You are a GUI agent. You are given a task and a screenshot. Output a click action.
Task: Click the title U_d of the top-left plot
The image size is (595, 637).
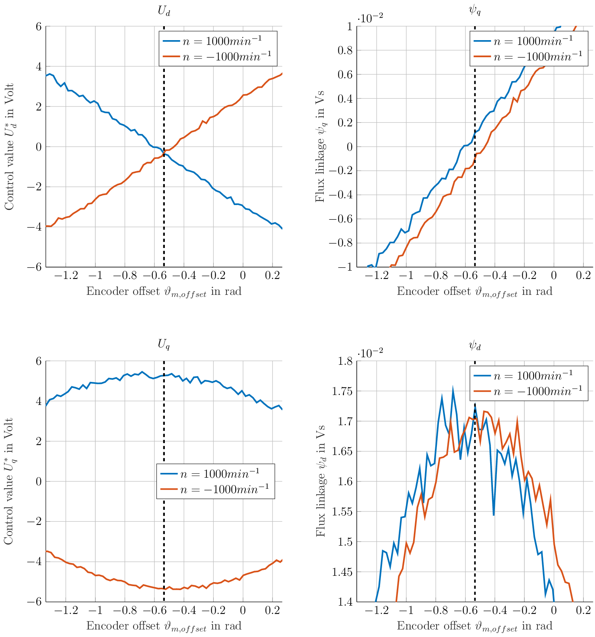click(164, 11)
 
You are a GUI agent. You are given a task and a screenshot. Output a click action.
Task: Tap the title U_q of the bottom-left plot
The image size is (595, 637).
click(164, 345)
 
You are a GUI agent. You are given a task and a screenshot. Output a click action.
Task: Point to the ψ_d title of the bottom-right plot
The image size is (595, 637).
click(475, 345)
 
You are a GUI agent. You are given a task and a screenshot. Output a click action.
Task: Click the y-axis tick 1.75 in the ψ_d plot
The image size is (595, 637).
click(342, 391)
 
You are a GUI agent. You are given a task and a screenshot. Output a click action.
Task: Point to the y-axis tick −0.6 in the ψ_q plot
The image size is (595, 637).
click(341, 219)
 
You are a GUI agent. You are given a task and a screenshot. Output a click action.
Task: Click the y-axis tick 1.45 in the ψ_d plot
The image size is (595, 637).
click(342, 572)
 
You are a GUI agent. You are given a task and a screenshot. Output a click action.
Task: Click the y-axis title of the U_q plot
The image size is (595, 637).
click(10, 481)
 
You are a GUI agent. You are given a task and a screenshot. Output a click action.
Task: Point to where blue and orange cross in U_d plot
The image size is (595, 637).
click(164, 152)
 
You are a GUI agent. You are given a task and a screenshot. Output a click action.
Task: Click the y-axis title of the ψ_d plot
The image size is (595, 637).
click(320, 481)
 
